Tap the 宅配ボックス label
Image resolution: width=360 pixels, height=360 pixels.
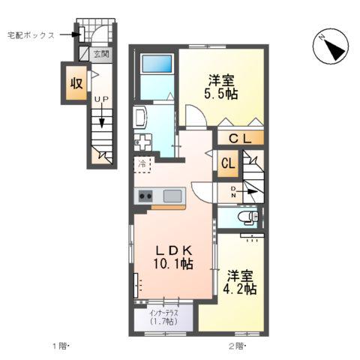(31, 34)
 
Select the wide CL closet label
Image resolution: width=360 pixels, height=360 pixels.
(240, 138)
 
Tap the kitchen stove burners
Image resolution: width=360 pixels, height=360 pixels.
(145, 196)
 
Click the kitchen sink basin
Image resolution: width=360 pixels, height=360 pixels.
(172, 196)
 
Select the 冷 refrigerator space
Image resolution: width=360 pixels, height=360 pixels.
(142, 163)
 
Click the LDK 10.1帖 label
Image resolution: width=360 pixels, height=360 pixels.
(174, 256)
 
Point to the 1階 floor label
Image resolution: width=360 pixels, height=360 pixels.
(59, 346)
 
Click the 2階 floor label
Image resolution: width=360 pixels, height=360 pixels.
(236, 346)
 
